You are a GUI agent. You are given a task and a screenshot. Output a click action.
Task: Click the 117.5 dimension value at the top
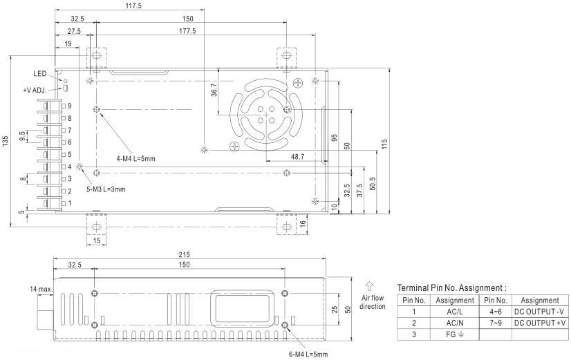[x=133, y=6]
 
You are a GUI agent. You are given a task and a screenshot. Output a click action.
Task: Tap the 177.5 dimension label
[x=187, y=31]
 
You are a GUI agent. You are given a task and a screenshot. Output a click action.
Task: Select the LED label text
[x=39, y=74]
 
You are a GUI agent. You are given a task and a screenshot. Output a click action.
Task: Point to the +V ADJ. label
[x=35, y=90]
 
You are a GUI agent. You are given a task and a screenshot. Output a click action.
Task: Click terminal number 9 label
[x=70, y=106]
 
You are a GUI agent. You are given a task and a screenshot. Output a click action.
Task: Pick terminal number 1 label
[x=70, y=203]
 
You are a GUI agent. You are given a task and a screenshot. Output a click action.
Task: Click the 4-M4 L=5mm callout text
[x=135, y=159]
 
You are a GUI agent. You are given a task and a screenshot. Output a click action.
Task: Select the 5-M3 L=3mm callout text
[x=106, y=189]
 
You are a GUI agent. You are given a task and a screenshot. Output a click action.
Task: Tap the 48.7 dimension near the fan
[x=297, y=157]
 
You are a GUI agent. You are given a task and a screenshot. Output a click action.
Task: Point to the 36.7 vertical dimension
[x=214, y=90]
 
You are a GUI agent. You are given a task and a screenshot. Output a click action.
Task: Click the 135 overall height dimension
[x=5, y=141]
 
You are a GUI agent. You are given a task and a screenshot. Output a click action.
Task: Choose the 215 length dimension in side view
[x=185, y=255]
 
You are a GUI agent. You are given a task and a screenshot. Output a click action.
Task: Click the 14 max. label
[x=41, y=290]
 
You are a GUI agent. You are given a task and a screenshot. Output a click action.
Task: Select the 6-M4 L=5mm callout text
[x=308, y=354]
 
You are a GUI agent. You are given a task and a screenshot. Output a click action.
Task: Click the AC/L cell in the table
[x=454, y=312]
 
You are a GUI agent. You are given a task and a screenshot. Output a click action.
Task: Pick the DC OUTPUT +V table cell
[x=540, y=323]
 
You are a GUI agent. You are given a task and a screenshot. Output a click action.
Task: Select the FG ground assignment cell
[x=454, y=334]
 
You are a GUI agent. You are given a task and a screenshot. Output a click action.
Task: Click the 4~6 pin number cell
[x=496, y=312]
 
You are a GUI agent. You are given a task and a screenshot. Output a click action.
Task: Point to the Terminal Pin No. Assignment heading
[x=451, y=288]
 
